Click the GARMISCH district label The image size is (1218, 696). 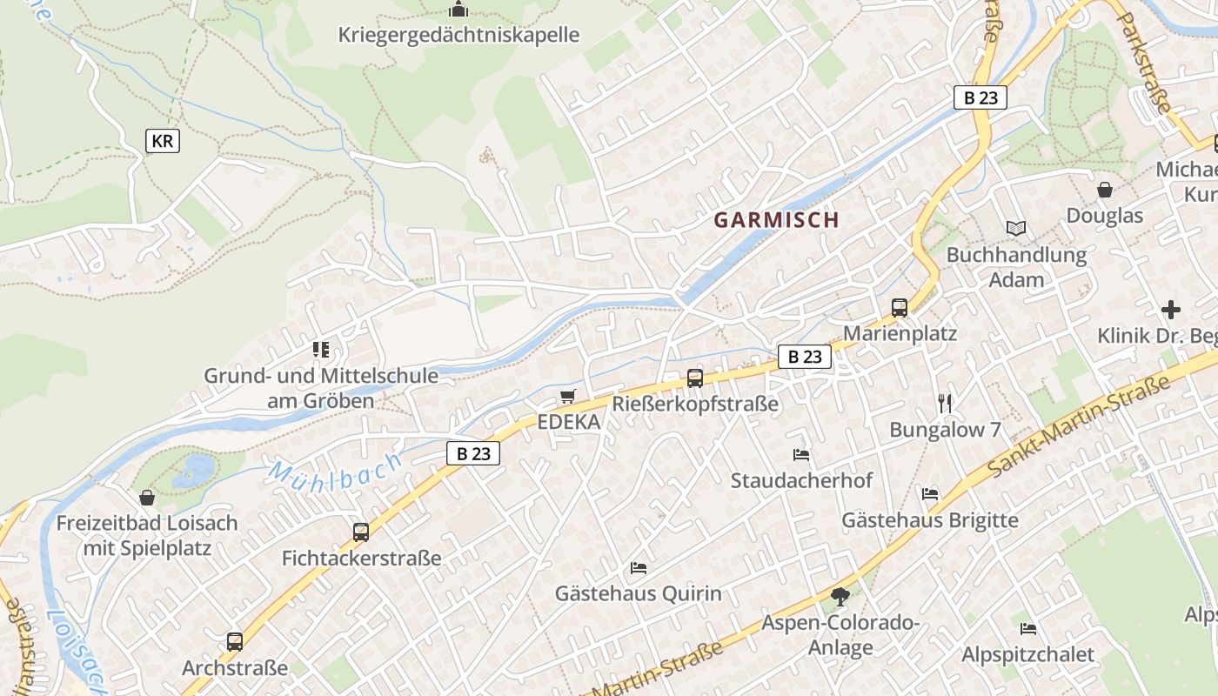776,220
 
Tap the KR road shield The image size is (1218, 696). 163,141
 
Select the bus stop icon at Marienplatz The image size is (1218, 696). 900,308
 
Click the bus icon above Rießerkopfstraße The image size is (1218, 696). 694,378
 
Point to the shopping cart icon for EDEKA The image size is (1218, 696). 568,397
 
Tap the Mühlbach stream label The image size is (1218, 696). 335,470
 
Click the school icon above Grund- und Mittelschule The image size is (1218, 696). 321,350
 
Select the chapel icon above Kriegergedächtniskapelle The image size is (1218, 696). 458,10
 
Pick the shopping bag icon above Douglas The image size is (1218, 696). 1105,190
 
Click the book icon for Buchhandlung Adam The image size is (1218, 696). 1016,229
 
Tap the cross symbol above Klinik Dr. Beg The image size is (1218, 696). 1171,310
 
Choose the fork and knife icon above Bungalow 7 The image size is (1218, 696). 946,403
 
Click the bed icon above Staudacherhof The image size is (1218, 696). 801,455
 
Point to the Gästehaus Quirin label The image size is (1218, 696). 639,593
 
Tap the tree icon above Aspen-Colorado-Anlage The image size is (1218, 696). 840,597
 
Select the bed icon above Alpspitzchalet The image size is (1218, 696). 1027,629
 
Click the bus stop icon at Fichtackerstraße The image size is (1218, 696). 361,532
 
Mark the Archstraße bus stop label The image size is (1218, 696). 234,668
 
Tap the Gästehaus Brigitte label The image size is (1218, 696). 929,520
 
